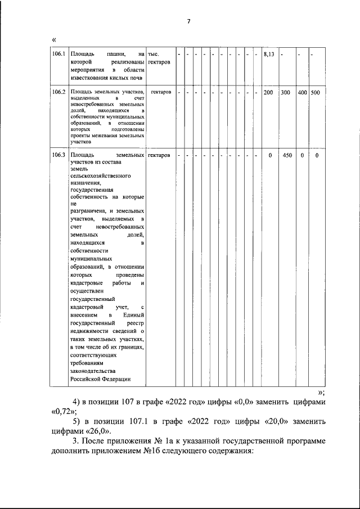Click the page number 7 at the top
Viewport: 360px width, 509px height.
pos(188,21)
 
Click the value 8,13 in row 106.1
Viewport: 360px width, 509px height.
pos(268,54)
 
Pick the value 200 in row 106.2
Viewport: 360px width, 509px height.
pos(268,92)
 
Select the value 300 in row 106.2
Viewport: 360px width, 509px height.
pos(286,92)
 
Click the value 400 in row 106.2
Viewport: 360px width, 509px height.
pos(302,92)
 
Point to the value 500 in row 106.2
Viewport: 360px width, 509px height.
pos(315,92)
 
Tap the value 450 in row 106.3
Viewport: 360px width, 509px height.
pos(287,155)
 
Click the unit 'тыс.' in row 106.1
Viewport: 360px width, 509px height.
pos(153,54)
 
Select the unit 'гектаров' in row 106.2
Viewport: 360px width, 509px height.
pos(161,92)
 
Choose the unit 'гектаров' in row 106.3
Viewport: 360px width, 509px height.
pos(160,155)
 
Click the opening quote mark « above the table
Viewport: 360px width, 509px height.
pos(53,39)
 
